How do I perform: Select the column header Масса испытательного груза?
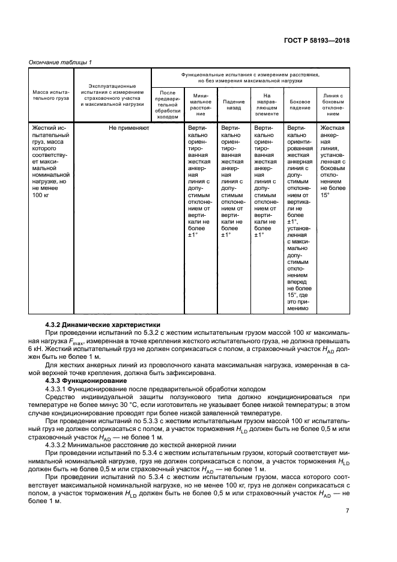(x=51, y=96)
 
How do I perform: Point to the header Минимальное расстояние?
(x=201, y=104)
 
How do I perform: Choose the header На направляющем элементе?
(x=267, y=104)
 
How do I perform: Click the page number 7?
(x=347, y=511)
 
